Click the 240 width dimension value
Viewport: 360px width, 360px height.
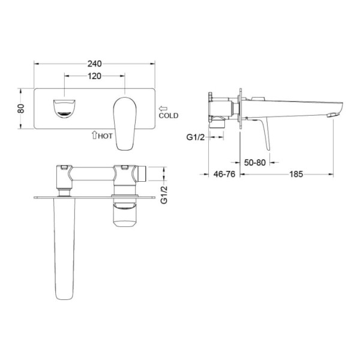pos(94,64)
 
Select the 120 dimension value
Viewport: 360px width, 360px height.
pos(94,76)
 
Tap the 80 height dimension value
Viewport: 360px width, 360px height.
pos(21,109)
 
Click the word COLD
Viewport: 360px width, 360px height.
pos(168,115)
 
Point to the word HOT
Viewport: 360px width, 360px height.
pos(105,136)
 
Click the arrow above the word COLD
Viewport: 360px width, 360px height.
pos(163,109)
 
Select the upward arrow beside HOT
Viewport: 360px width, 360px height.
pos(94,135)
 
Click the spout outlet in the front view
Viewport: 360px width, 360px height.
pos(64,109)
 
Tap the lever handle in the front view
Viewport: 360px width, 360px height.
pos(125,124)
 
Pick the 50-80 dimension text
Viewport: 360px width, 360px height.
pos(254,163)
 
